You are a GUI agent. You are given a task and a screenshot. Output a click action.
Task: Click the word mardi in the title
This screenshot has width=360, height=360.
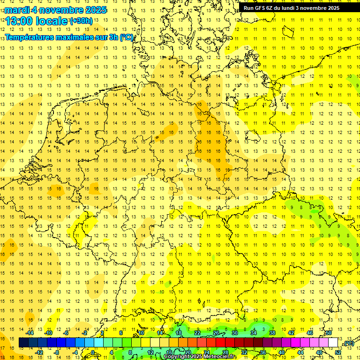pyautogui.click(x=16, y=10)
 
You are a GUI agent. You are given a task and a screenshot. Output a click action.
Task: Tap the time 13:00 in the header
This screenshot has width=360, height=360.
pyautogui.click(x=19, y=21)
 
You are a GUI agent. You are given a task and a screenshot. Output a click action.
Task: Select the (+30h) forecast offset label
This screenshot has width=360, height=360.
pyautogui.click(x=81, y=21)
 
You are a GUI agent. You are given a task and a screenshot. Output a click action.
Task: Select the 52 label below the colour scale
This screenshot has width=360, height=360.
pyautogui.click(x=338, y=352)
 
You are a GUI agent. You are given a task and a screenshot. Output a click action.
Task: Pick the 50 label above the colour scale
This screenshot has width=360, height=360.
pyautogui.click(x=329, y=333)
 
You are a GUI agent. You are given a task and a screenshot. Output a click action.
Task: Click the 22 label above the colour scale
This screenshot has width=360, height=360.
pyautogui.click(x=197, y=333)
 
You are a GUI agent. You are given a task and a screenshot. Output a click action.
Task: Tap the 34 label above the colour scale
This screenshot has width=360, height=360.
pyautogui.click(x=254, y=333)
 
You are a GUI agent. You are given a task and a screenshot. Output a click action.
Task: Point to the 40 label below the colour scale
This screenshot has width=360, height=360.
pyautogui.click(x=282, y=352)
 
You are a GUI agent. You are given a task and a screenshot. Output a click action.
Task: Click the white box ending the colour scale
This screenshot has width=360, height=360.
pyautogui.click(x=333, y=343)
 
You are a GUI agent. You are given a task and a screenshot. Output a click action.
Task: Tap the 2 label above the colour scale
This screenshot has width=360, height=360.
pyautogui.click(x=102, y=333)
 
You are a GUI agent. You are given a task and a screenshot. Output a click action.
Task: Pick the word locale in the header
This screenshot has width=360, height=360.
pyautogui.click(x=52, y=21)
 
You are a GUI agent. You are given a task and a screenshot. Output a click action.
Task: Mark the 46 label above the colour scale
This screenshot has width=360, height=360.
pyautogui.click(x=310, y=333)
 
